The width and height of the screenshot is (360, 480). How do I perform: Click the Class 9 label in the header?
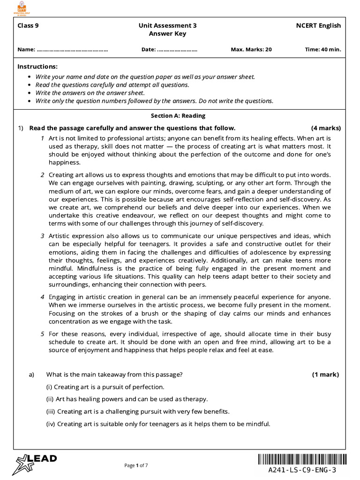pos(28,26)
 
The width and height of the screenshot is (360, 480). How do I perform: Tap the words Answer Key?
pos(167,34)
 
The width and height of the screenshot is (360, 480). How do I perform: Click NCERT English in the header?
pos(318,26)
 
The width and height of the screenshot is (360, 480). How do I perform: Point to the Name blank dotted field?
pos(72,49)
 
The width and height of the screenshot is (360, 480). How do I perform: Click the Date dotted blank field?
pos(177,49)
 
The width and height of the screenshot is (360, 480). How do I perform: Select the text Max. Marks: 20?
pos(251,49)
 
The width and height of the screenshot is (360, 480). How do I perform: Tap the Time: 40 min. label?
pos(323,49)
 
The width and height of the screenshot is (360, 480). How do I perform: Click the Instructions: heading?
pos(37,67)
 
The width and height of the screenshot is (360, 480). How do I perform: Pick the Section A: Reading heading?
pos(178,116)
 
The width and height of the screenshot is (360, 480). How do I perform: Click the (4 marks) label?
pos(326,128)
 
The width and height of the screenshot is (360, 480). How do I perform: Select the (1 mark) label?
pos(325,375)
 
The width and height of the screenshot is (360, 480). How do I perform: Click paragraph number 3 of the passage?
pos(42,236)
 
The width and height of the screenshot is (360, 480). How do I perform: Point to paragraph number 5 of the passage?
pos(42,334)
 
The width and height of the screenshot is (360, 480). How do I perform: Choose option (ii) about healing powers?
pos(127,399)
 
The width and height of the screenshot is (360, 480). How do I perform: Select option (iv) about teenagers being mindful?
pos(158,424)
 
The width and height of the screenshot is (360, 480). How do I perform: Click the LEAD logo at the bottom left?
pos(36,461)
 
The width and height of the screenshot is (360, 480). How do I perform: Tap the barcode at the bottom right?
pos(302,459)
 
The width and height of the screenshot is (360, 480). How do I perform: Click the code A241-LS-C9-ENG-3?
pos(302,470)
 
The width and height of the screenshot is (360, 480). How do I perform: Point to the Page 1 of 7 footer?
pos(136,465)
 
